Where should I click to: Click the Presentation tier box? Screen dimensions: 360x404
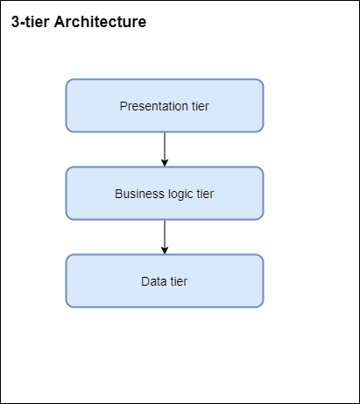[165, 105]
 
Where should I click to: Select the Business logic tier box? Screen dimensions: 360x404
[165, 193]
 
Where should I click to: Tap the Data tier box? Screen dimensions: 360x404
[165, 280]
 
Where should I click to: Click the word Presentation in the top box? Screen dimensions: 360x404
[154, 106]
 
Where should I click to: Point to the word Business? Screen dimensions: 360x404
[139, 194]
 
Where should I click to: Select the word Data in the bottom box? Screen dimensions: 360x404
[154, 281]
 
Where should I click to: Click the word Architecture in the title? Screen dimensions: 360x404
[100, 22]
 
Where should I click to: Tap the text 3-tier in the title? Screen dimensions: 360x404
[30, 22]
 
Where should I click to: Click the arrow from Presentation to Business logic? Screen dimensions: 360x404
[165, 149]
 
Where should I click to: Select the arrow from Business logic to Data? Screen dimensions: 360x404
[165, 237]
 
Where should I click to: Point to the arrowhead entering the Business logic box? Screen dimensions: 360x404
[165, 163]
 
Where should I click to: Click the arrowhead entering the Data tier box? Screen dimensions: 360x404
[165, 251]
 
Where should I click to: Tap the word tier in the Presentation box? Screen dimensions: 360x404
[201, 106]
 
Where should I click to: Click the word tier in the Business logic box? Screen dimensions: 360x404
[205, 194]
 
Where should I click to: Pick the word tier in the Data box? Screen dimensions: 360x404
[179, 281]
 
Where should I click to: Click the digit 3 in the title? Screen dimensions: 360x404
[15, 22]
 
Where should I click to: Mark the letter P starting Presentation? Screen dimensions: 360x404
[124, 106]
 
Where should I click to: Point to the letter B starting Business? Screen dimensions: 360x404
[118, 194]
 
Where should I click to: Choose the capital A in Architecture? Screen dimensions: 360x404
[60, 22]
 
